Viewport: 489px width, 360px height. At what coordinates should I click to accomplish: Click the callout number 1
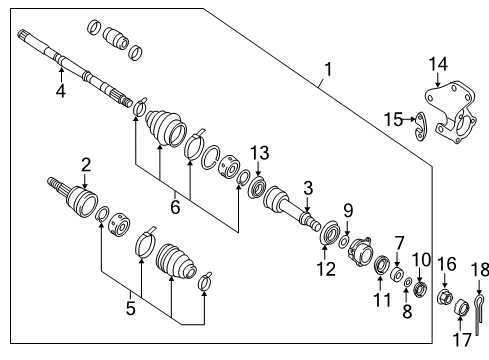pos(324,70)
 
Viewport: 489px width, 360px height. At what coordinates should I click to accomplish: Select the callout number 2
pos(86,164)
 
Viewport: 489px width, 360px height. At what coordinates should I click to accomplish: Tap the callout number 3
pos(309,186)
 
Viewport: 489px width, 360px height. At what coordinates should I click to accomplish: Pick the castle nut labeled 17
pos(462,307)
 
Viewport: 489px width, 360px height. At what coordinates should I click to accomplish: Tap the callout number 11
pos(379,299)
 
